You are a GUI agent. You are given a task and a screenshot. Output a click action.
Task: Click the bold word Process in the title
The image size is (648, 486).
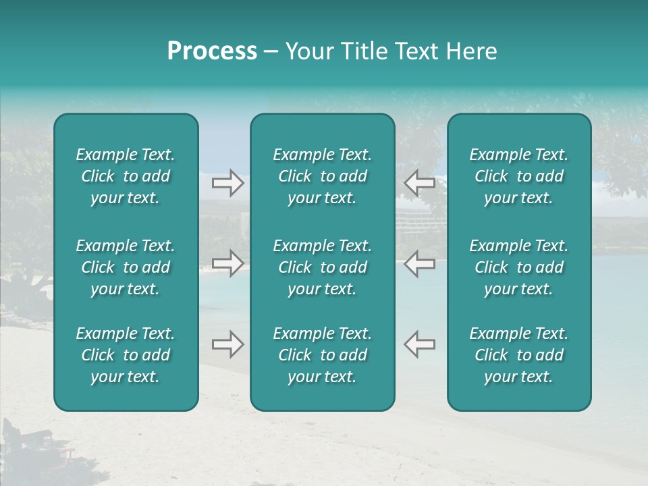click(x=212, y=51)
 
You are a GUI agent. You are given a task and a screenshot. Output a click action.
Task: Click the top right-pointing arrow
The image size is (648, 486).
click(x=227, y=183)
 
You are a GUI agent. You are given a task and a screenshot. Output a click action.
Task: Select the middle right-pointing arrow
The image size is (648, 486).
click(x=227, y=263)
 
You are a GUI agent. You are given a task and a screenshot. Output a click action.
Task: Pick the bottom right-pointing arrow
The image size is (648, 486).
click(x=227, y=344)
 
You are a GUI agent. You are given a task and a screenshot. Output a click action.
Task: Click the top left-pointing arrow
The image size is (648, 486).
click(x=419, y=183)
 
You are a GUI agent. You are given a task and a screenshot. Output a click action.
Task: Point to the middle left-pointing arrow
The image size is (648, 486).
click(x=419, y=263)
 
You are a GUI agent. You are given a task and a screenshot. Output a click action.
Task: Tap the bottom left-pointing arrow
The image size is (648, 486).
click(x=419, y=344)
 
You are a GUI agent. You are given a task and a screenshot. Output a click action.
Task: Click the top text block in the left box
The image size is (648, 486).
click(x=126, y=176)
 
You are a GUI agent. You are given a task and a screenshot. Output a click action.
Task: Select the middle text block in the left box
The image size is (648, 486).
click(x=126, y=267)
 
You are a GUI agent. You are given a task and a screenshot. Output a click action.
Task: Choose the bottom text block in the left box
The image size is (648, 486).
click(x=126, y=355)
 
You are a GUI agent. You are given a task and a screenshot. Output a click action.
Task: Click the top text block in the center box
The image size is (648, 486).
click(x=322, y=176)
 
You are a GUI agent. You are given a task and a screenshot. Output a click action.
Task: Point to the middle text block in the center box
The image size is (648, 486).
click(x=322, y=267)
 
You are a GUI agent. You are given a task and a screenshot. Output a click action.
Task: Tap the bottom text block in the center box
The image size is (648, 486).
click(x=322, y=355)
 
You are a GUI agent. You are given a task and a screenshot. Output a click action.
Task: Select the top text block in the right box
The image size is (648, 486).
click(x=519, y=176)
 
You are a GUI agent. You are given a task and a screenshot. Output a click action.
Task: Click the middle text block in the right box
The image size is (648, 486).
click(x=519, y=267)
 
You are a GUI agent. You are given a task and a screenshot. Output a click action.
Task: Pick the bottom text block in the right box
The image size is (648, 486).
click(x=519, y=355)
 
